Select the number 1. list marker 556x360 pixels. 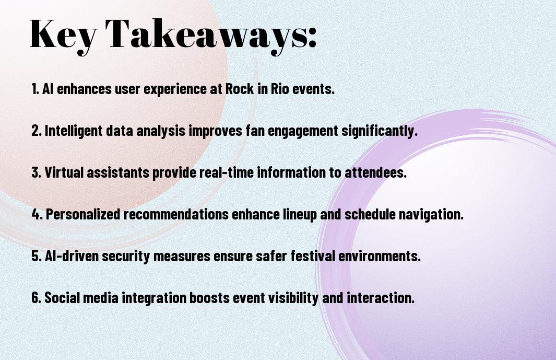click(x=35, y=89)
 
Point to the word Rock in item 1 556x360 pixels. click(x=240, y=89)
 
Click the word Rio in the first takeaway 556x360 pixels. click(x=280, y=89)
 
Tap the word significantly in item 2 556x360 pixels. click(x=380, y=131)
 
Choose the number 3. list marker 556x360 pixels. click(x=37, y=172)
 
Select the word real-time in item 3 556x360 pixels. click(x=226, y=172)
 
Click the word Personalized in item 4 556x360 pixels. click(x=83, y=214)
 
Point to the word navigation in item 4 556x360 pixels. click(x=431, y=214)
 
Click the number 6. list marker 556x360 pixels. click(x=37, y=297)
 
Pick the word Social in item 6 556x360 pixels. click(x=62, y=297)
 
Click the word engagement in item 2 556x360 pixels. click(x=303, y=131)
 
